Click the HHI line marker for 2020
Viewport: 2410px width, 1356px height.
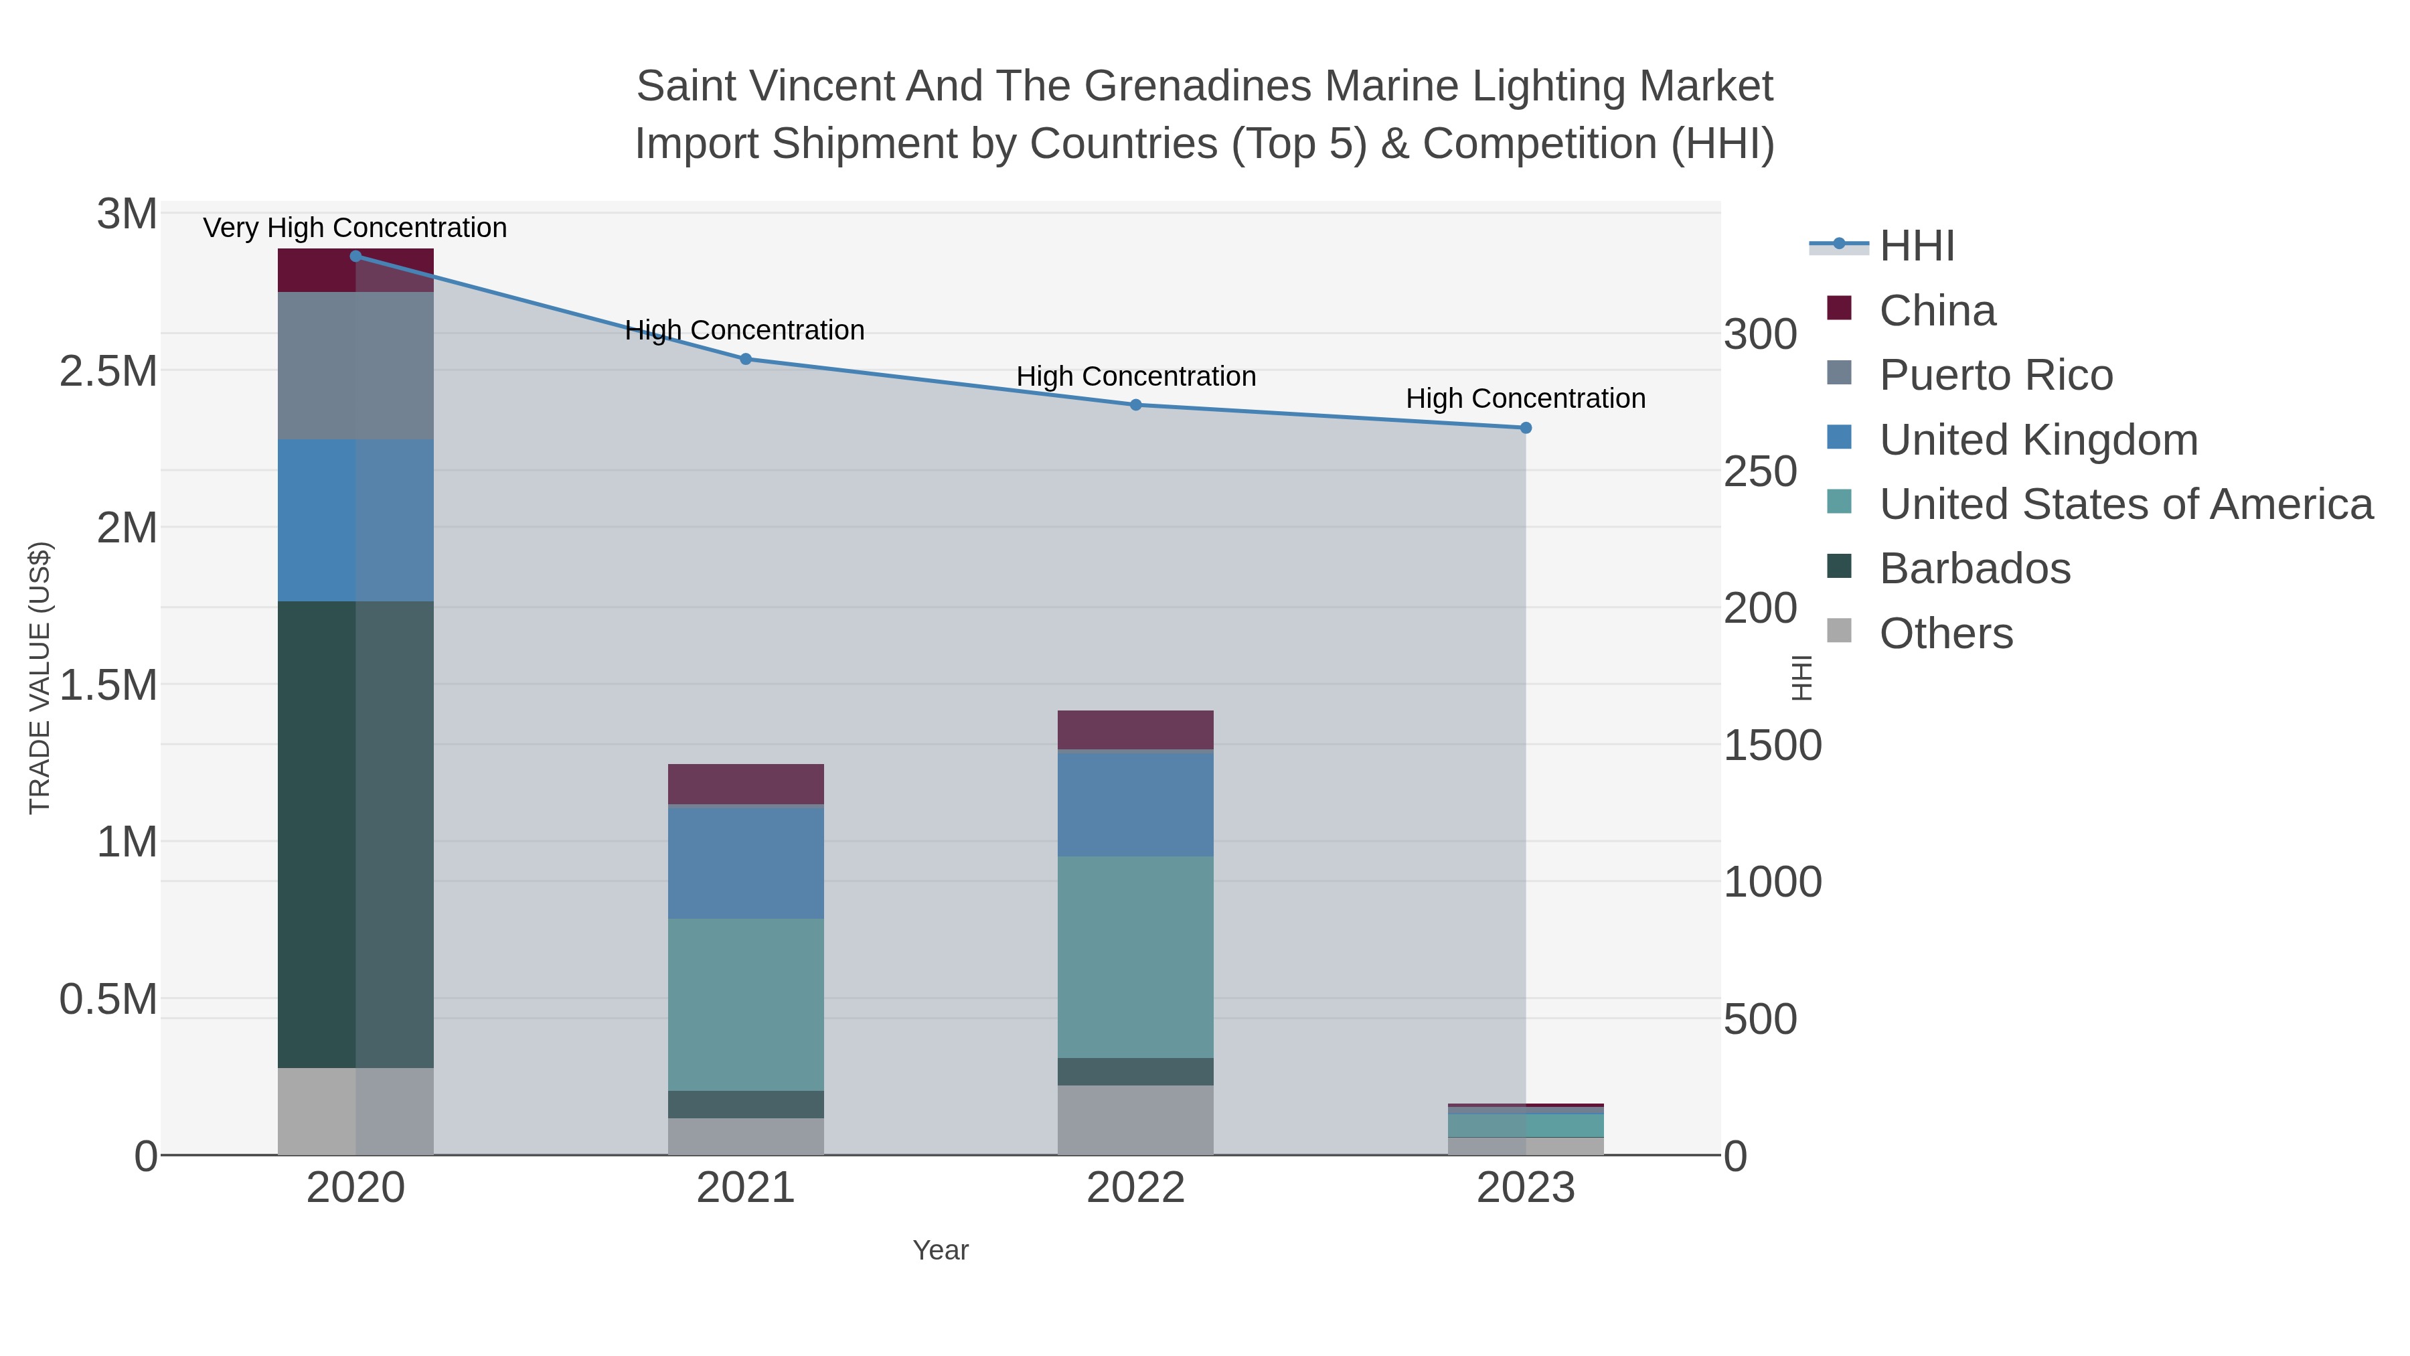(x=355, y=256)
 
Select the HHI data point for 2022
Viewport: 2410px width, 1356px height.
(x=1136, y=405)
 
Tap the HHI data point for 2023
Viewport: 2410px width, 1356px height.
(x=1526, y=428)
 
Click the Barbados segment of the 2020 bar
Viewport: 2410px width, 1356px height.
(x=355, y=833)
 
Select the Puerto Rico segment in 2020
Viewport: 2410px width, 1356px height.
(x=355, y=365)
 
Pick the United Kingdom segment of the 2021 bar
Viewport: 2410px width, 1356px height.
(x=746, y=861)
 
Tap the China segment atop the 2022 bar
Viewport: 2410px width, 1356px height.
(x=1136, y=730)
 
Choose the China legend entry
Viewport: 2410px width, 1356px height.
(x=1937, y=311)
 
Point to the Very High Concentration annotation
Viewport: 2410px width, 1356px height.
(x=355, y=228)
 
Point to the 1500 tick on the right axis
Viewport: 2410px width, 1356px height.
(x=1772, y=746)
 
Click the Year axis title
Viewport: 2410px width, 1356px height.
(x=941, y=1250)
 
